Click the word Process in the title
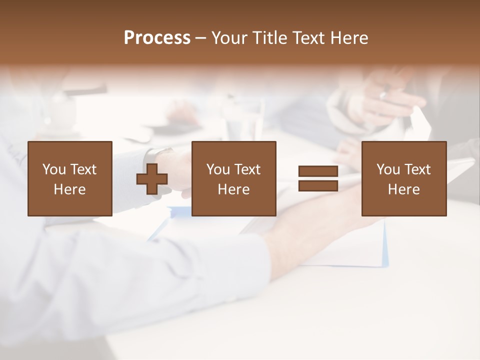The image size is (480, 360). click(x=157, y=37)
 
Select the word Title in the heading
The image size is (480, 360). click(x=269, y=37)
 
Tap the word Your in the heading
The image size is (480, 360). click(x=230, y=37)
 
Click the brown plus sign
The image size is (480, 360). click(x=152, y=179)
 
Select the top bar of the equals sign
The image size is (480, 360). click(x=318, y=171)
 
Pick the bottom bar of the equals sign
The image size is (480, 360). click(x=318, y=185)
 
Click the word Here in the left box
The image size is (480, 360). click(x=69, y=189)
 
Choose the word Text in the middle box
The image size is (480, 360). click(x=247, y=169)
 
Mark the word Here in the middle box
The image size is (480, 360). click(x=233, y=189)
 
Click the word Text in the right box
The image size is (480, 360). click(x=417, y=169)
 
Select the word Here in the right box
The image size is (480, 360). click(x=403, y=189)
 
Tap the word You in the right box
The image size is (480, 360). click(x=388, y=169)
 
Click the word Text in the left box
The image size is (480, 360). click(x=83, y=169)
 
